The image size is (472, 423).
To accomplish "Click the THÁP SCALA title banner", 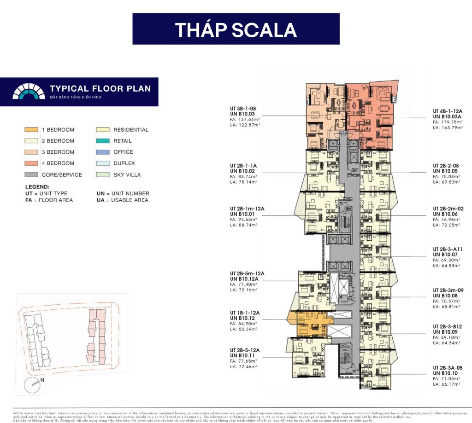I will point(236,29).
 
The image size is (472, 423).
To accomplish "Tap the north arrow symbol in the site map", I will point(33,382).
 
